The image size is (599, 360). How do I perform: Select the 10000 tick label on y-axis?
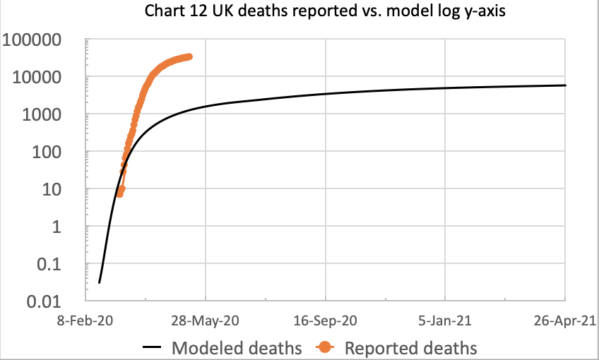(44, 77)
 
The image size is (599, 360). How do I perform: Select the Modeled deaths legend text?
(237, 347)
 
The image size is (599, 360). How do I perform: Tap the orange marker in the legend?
(326, 347)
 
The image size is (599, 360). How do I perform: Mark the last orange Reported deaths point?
(189, 56)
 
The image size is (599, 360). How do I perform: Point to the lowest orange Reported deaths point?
(119, 193)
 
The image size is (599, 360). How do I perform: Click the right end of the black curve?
(565, 85)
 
